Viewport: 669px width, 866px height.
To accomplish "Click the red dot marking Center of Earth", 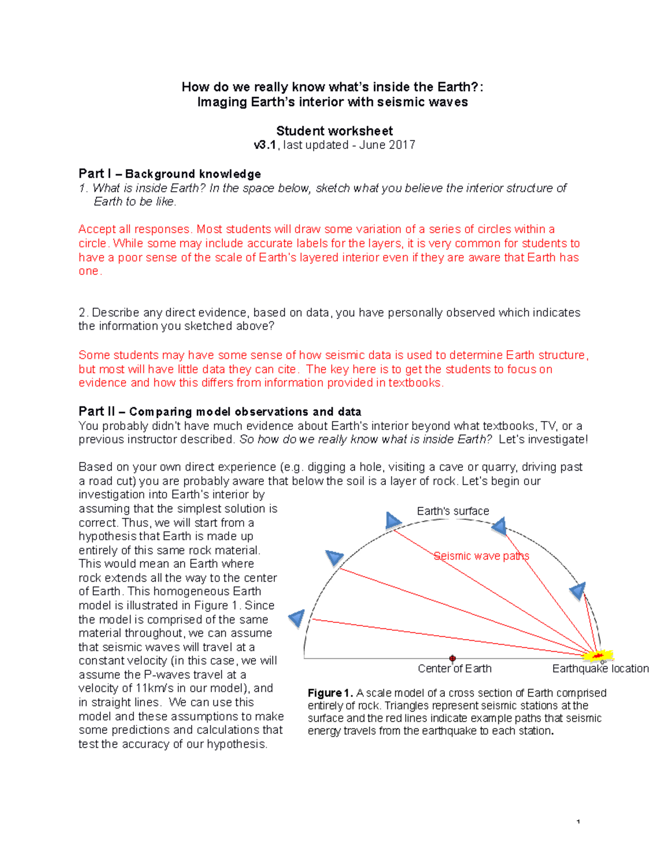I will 453,659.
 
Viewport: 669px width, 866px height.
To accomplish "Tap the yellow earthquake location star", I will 598,655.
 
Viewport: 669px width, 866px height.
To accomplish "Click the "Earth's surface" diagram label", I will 453,511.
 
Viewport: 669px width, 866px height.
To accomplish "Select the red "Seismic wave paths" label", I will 481,556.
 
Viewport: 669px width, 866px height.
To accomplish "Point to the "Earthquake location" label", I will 600,668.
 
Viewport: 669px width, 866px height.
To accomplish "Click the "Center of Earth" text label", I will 454,668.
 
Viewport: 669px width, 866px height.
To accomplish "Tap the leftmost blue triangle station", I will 297,617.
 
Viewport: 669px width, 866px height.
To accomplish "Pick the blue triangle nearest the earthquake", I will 578,591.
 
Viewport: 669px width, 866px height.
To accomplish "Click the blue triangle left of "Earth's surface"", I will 392,521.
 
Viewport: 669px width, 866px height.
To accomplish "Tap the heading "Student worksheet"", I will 334,131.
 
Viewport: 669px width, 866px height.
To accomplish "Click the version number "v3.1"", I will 265,145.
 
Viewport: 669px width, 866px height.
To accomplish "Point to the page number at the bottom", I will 578,821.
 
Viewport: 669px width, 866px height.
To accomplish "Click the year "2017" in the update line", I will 403,145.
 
